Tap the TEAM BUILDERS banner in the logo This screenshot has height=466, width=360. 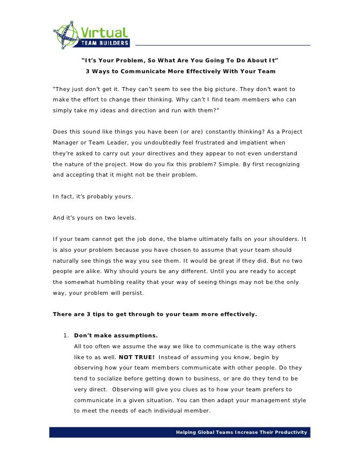point(105,43)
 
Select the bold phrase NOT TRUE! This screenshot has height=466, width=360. point(136,357)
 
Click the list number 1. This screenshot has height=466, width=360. point(66,336)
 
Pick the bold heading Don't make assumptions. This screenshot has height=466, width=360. point(116,336)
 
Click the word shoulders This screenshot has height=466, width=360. point(282,239)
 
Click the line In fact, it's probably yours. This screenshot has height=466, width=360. point(93,196)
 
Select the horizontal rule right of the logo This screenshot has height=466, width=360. point(223,46)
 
